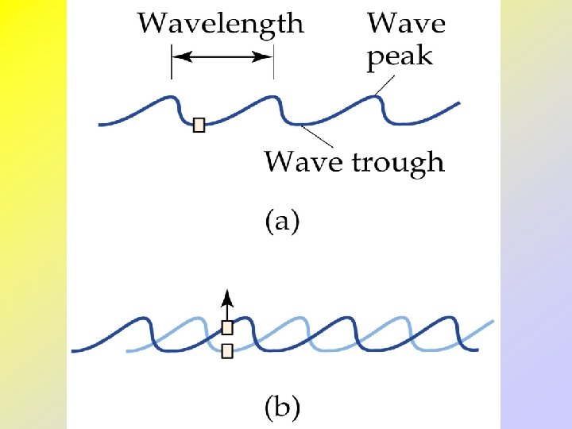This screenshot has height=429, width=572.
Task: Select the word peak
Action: pos(399,57)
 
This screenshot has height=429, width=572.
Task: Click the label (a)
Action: pos(281,222)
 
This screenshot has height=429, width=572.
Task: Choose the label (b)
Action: pos(281,408)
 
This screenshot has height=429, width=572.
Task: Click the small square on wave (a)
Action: pos(199,125)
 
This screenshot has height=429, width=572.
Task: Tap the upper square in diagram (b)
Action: pos(227,327)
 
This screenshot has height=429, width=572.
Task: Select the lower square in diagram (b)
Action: pos(227,350)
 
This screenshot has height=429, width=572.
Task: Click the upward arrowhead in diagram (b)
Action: pos(227,296)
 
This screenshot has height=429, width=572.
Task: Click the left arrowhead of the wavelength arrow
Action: pos(179,56)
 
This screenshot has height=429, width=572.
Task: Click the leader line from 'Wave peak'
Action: pos(385,84)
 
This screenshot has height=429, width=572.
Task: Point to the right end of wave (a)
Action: pos(459,102)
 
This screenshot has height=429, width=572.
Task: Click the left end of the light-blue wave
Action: pos(127,350)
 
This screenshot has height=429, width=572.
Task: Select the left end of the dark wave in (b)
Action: pos(74,349)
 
